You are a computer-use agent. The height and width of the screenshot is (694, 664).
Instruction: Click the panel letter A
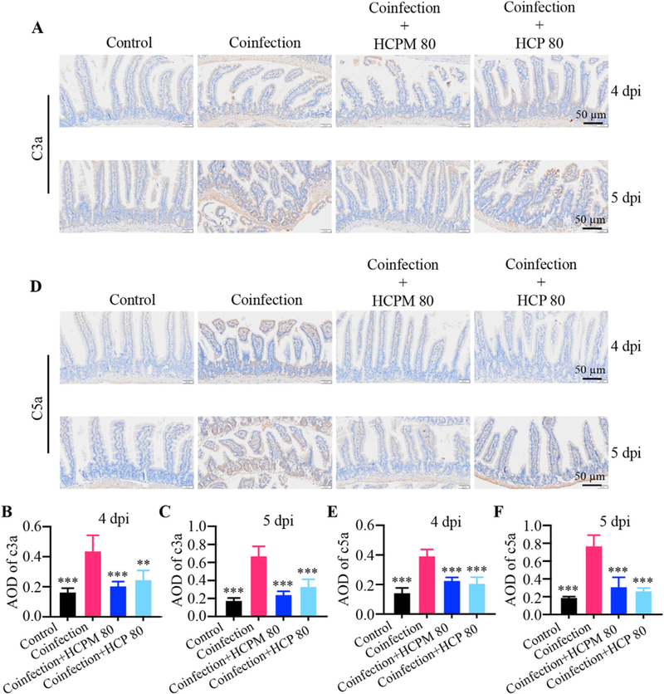coord(37,28)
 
